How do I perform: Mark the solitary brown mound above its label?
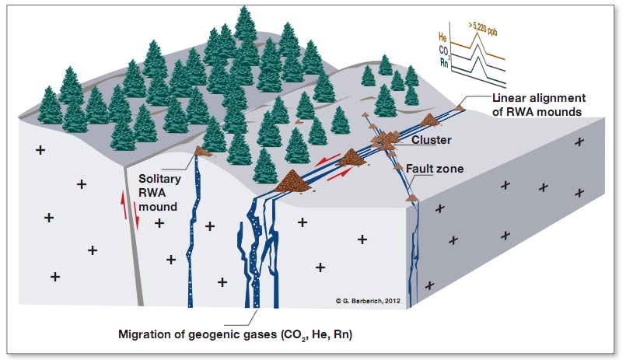point(204,151)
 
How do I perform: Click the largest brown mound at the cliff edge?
point(292,180)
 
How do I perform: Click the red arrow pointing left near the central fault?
point(331,159)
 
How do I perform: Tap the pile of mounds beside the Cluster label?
point(386,140)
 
